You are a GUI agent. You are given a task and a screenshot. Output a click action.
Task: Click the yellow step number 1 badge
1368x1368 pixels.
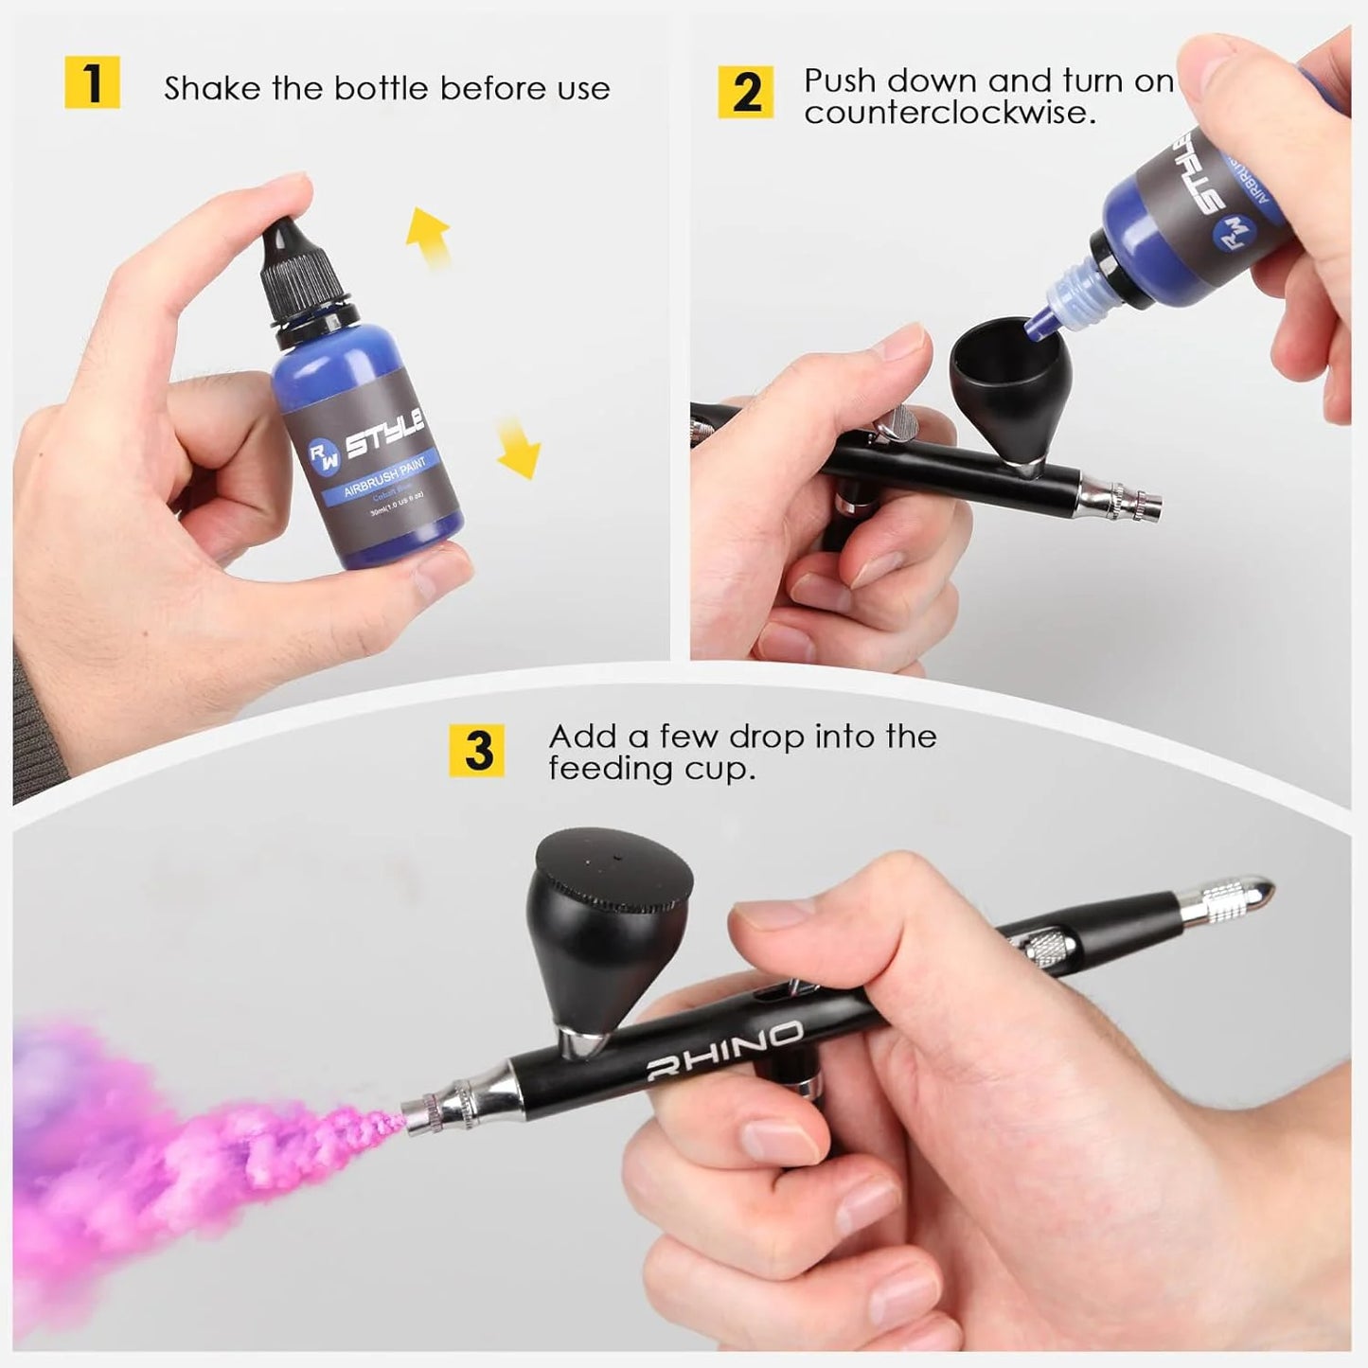click(x=92, y=82)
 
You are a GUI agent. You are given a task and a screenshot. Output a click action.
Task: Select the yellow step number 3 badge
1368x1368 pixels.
click(x=478, y=751)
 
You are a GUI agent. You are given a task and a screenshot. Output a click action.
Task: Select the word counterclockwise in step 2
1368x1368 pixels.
click(x=950, y=113)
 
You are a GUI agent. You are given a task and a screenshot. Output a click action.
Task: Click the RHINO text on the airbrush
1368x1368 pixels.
click(x=724, y=1050)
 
